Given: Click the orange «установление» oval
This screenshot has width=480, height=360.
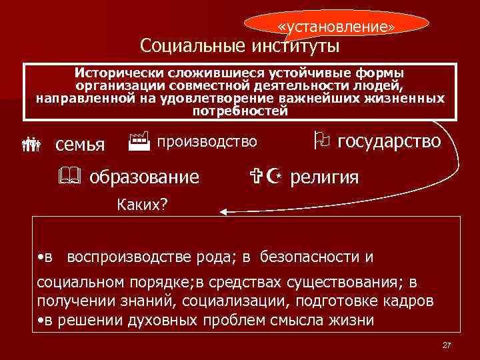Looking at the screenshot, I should point(336,26).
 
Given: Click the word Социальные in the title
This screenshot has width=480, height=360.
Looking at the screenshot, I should point(193,46).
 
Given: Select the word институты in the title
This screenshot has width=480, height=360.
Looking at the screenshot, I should point(295,46).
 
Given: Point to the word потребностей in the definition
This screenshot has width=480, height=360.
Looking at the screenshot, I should point(240,111).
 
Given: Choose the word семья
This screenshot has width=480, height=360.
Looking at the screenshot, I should point(80,144).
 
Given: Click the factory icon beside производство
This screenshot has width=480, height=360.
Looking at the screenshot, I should point(138,141).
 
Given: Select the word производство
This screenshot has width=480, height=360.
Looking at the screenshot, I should point(207,141).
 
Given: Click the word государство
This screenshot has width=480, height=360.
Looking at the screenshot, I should point(390,141).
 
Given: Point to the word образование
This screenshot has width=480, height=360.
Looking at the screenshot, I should point(144,177).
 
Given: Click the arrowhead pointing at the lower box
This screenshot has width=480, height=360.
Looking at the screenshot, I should point(225,212).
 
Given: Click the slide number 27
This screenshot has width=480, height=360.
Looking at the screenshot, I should point(447,345).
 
